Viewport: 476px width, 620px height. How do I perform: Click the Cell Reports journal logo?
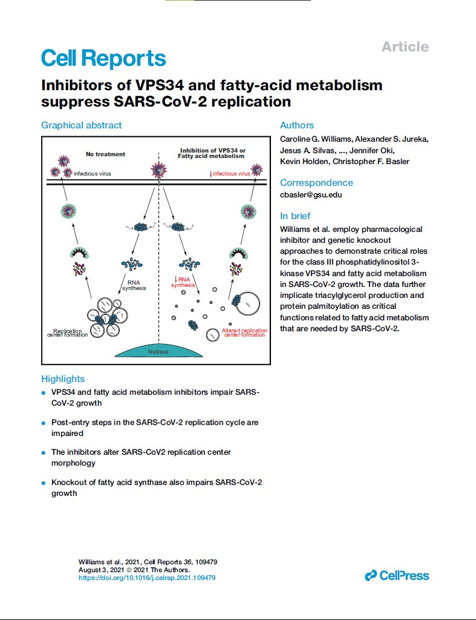point(103,58)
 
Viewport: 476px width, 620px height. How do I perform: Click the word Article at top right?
point(405,47)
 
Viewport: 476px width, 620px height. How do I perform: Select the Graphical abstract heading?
point(82,125)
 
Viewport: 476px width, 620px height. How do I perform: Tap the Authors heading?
point(297,125)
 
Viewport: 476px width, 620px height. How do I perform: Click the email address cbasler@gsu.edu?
point(311,194)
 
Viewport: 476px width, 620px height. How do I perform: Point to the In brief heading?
point(295,216)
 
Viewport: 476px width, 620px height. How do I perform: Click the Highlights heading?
point(63,379)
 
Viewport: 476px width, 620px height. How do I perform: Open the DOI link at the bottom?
point(147,578)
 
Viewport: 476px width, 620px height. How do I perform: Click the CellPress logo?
point(397,575)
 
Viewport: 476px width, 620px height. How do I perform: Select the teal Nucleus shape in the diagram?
point(158,351)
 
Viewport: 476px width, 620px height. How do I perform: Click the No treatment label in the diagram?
point(105,154)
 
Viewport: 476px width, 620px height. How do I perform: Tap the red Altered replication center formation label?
point(244,332)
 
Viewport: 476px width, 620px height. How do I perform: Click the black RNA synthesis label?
point(134,285)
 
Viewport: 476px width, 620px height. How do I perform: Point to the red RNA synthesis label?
point(183,282)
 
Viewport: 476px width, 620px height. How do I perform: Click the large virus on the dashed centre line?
point(159,170)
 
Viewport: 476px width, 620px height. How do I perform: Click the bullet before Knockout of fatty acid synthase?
point(44,483)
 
